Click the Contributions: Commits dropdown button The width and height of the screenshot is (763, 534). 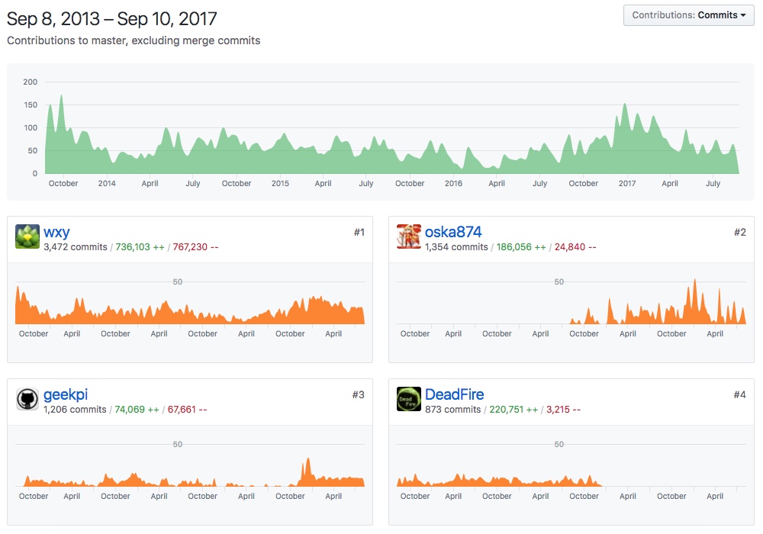(688, 15)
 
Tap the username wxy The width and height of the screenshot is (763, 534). (56, 232)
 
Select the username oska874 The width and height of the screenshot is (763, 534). (453, 232)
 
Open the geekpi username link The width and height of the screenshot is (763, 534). (65, 394)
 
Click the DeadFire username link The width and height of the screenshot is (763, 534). (454, 394)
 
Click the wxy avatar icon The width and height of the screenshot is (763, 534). (27, 237)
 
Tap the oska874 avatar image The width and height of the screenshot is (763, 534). (409, 237)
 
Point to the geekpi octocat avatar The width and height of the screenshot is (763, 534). (27, 400)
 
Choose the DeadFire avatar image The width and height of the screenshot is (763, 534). (409, 400)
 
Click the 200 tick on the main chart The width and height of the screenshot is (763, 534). (30, 82)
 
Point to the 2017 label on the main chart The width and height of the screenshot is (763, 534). (627, 183)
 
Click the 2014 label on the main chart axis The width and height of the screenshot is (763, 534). (107, 183)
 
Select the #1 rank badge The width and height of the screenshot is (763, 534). (359, 232)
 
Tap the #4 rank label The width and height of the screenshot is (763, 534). (739, 394)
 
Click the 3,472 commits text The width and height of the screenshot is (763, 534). (76, 247)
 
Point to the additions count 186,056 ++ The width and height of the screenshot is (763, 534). (521, 247)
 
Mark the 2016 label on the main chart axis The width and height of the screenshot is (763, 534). (453, 183)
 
